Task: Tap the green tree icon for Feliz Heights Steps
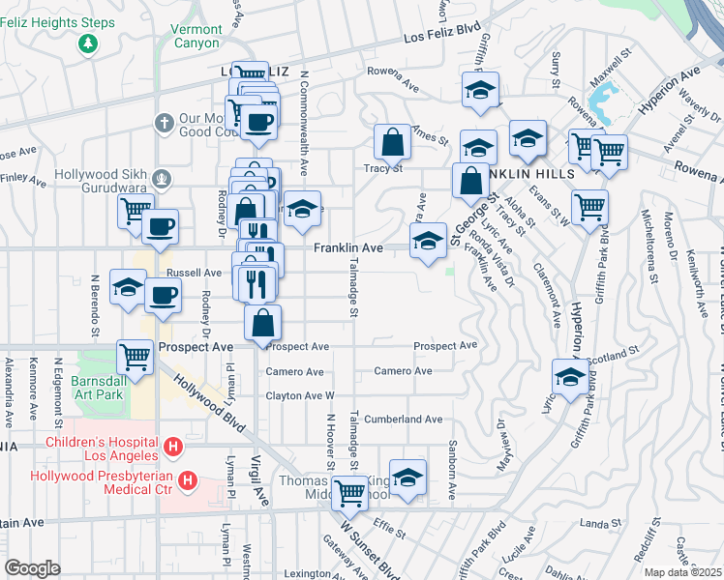[x=88, y=43]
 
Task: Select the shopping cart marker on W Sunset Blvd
[x=349, y=494]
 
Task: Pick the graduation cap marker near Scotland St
[x=570, y=377]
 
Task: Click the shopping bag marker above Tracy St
[x=392, y=142]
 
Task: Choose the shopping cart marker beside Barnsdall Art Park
[x=135, y=356]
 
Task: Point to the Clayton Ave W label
[x=300, y=396]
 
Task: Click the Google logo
[x=32, y=568]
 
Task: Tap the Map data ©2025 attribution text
[x=683, y=572]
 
